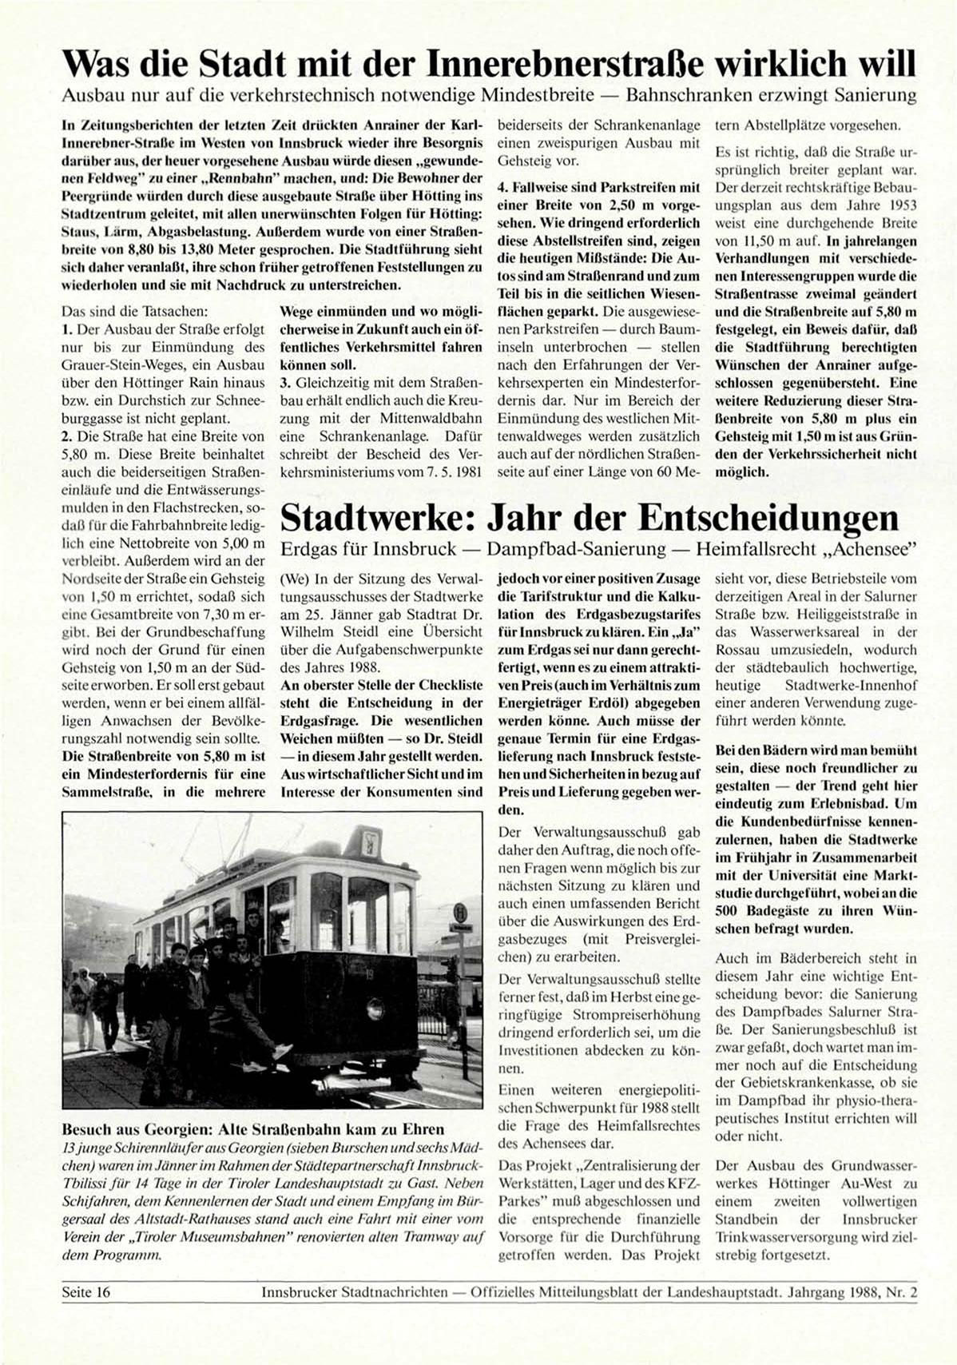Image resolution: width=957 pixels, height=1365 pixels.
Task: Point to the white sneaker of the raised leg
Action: pos(283,1048)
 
